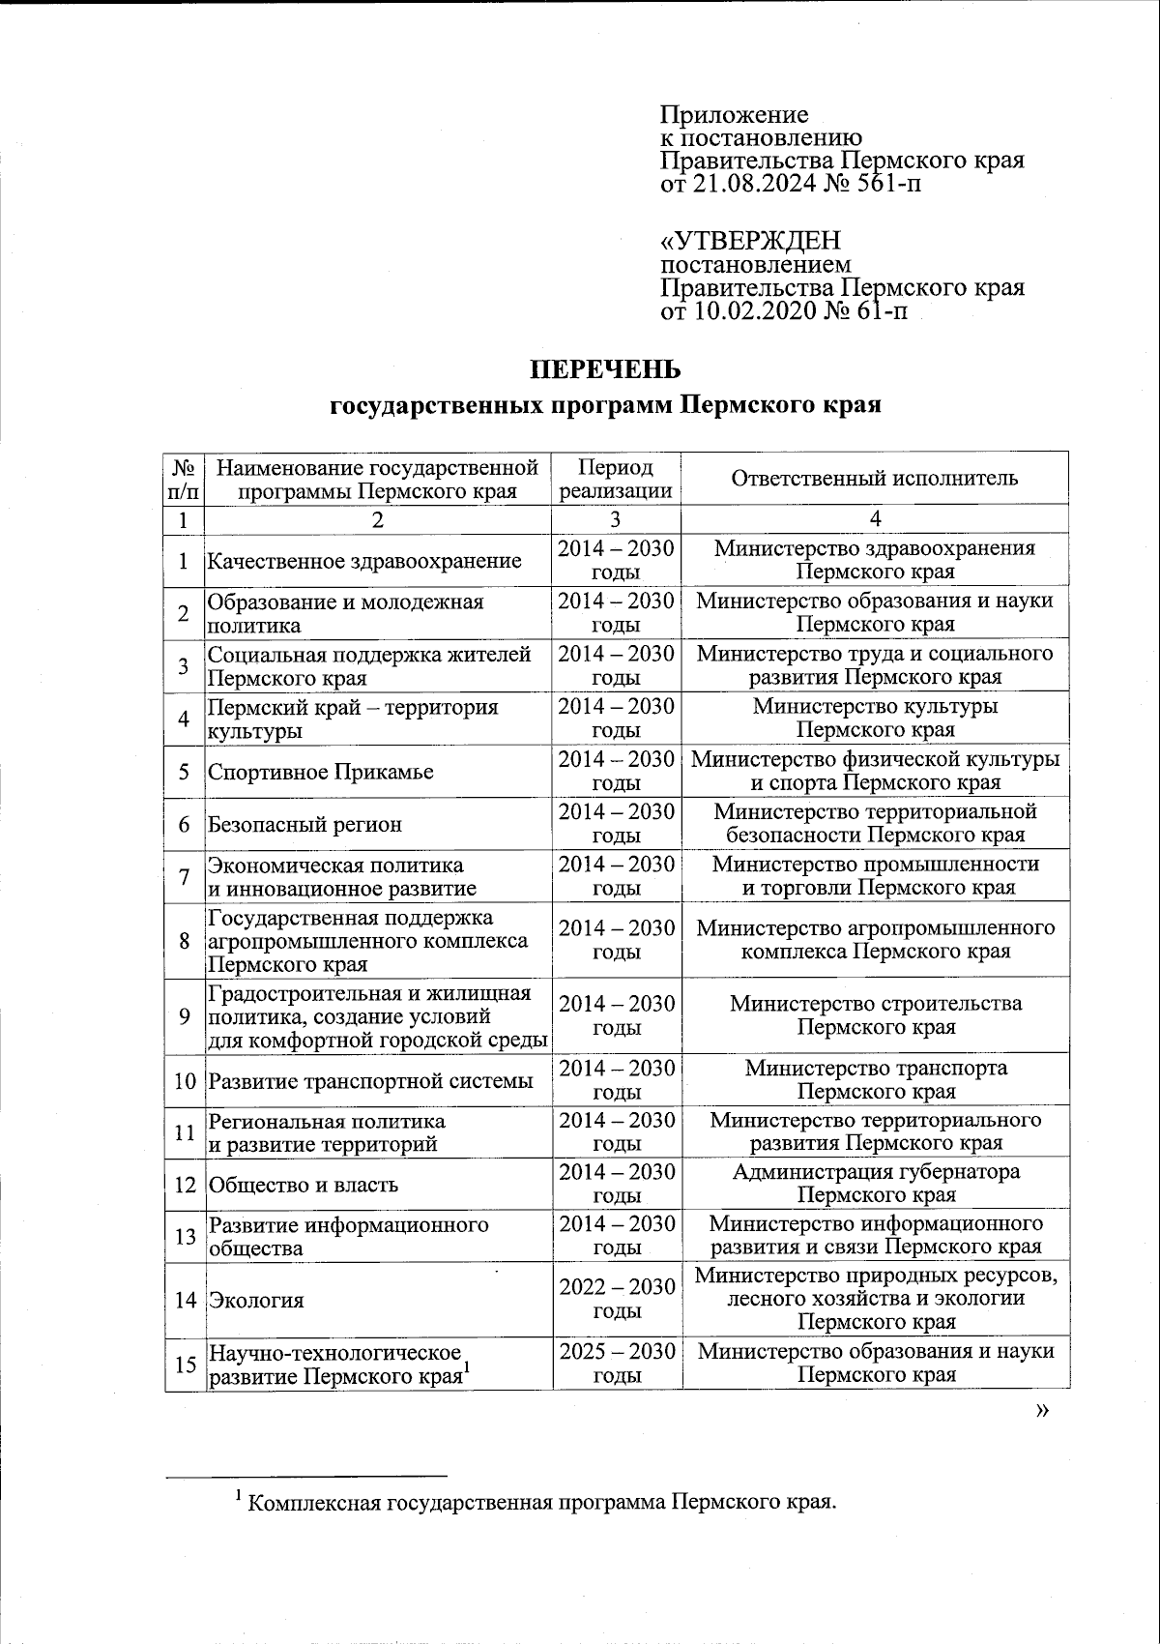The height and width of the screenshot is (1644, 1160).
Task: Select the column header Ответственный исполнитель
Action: [875, 478]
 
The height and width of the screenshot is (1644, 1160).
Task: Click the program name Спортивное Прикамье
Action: [320, 772]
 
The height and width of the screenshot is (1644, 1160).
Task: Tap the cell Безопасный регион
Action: [304, 824]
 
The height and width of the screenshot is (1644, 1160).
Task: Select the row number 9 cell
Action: [185, 1015]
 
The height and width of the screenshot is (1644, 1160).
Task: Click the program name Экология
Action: [256, 1300]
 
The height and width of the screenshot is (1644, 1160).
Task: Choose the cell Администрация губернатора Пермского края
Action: [875, 1184]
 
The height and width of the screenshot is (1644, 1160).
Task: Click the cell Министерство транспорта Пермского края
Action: [875, 1079]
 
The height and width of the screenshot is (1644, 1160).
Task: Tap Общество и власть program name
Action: [304, 1185]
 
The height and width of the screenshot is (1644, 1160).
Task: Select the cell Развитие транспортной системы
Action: [371, 1080]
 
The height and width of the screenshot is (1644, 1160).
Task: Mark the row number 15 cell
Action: [185, 1364]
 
